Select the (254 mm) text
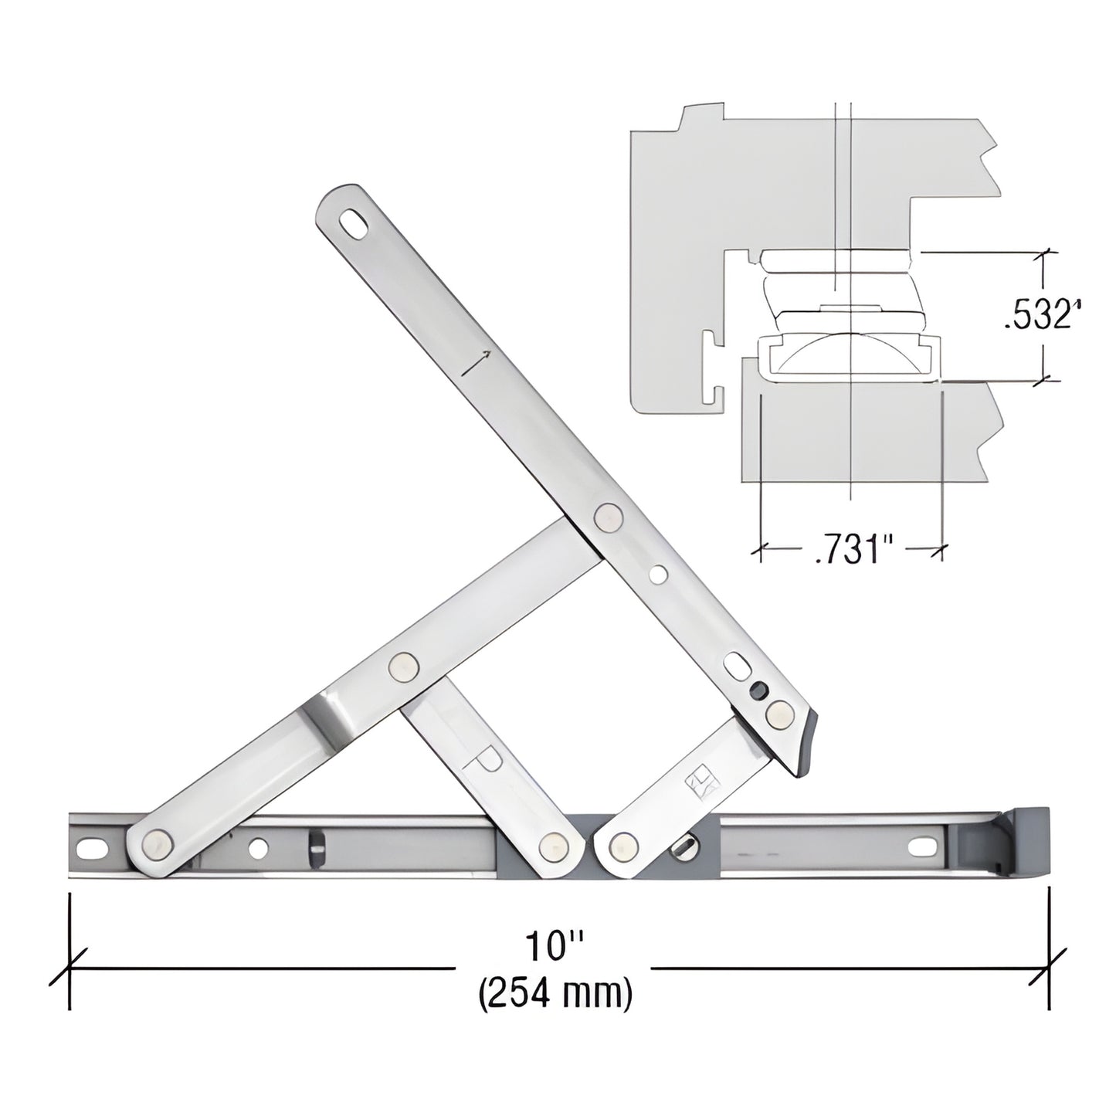click(555, 992)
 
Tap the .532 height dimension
click(1040, 316)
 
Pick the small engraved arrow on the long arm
click(476, 362)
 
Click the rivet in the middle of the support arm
click(402, 665)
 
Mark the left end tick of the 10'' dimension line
click(70, 968)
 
